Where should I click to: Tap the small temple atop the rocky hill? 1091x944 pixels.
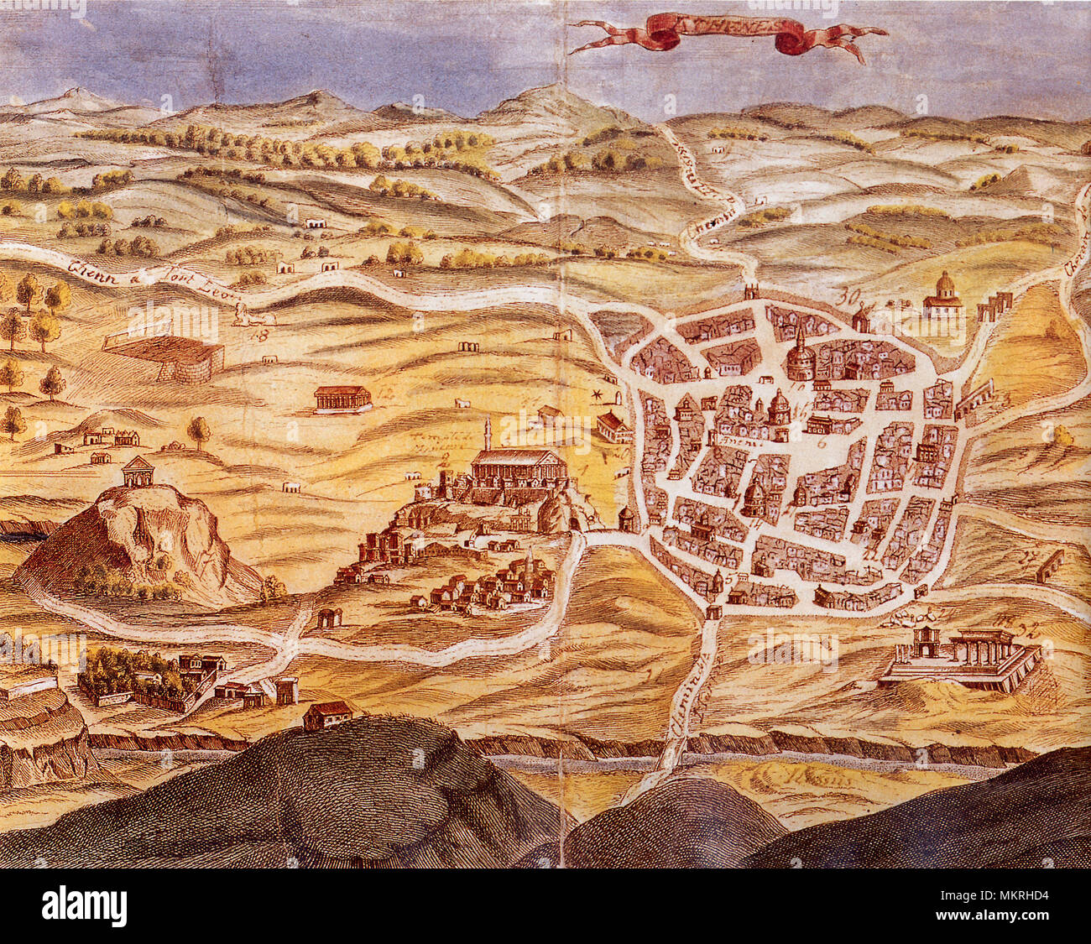pyautogui.click(x=138, y=472)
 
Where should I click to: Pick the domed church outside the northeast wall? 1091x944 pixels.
pyautogui.click(x=943, y=297)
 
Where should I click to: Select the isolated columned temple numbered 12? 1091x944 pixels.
pyautogui.click(x=342, y=399)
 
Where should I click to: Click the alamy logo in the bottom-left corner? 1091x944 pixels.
pyautogui.click(x=85, y=907)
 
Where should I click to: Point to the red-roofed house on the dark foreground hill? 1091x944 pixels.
pyautogui.click(x=327, y=715)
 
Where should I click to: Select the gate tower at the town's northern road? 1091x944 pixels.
pyautogui.click(x=751, y=293)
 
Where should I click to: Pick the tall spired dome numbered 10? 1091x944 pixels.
pyautogui.click(x=801, y=357)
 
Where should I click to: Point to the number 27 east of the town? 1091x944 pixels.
pyautogui.click(x=1026, y=555)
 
